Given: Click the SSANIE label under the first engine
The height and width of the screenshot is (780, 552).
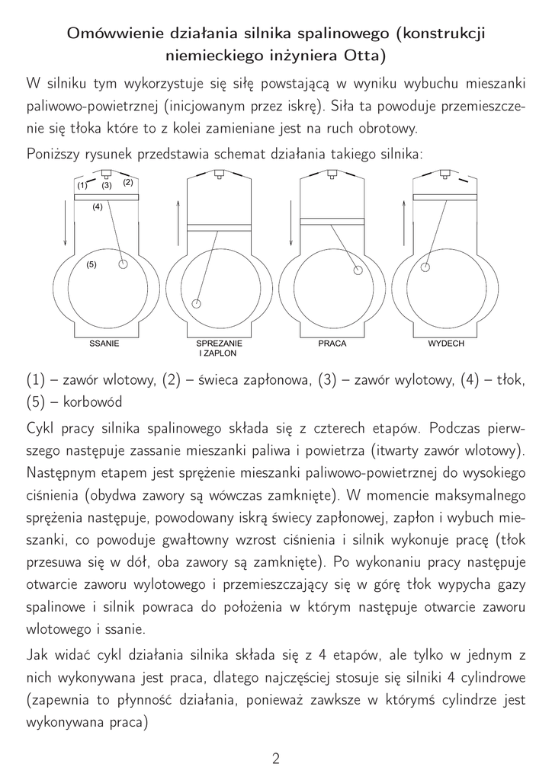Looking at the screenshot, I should click(104, 344).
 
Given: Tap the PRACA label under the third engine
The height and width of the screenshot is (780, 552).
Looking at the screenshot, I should click(332, 344).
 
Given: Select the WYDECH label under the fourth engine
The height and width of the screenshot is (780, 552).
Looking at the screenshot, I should click(446, 344).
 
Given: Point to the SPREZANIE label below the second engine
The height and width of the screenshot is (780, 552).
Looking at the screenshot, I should click(218, 344).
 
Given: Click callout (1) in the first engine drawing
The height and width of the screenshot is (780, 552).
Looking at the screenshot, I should click(82, 185).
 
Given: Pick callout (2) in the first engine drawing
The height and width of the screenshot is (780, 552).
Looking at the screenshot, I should click(127, 182).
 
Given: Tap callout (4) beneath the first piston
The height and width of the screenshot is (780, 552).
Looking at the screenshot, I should click(98, 207).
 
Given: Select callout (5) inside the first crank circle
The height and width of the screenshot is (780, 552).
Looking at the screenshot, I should click(91, 264).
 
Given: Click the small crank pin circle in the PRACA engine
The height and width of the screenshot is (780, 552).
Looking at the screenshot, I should click(357, 269).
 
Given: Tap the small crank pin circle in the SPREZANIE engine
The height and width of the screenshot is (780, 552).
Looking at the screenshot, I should click(197, 304).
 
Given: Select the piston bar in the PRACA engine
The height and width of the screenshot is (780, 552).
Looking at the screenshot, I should click(332, 222).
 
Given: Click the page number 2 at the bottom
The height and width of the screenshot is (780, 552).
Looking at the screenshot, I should click(276, 758).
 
